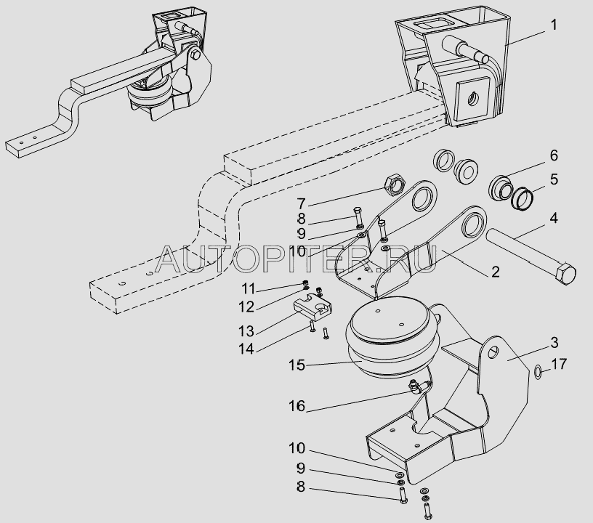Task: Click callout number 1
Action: click(554, 25)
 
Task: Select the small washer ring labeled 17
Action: click(536, 373)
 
